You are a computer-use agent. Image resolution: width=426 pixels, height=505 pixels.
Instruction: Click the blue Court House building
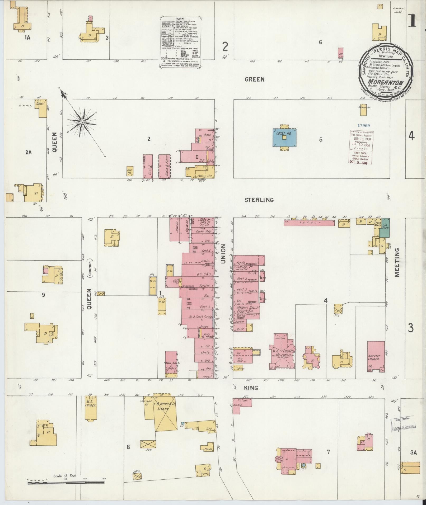tap(284, 138)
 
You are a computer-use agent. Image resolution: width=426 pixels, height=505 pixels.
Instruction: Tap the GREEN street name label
tap(254, 79)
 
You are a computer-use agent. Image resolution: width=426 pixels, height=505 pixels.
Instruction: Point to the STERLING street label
tap(259, 200)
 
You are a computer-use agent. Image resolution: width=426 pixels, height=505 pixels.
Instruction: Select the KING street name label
tap(251, 388)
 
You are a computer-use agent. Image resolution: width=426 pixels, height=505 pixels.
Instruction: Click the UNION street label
tap(223, 254)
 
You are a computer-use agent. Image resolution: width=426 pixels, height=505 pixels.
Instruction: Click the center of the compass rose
tap(82, 122)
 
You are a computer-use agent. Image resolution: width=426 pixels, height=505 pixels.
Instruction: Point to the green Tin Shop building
tap(384, 228)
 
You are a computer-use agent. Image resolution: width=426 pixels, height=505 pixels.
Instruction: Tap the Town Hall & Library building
tap(171, 364)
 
